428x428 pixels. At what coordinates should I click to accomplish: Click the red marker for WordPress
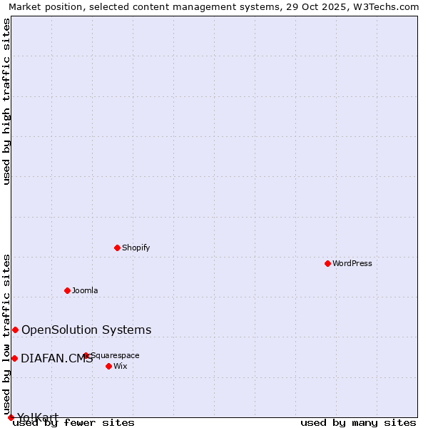[x=327, y=263]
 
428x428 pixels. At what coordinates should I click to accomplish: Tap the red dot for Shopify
[x=117, y=248]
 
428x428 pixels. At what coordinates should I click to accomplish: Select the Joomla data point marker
[x=67, y=290]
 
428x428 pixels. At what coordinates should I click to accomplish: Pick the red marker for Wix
[x=108, y=366]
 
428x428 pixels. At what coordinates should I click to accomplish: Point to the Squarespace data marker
[x=86, y=355]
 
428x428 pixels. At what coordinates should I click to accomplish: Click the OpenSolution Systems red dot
[x=15, y=330]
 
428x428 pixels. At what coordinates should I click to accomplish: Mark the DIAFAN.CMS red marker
[x=14, y=358]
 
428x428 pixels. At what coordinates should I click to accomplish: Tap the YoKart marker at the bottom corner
[x=11, y=417]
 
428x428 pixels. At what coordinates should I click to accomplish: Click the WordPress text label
[x=352, y=263]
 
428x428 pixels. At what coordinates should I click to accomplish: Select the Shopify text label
[x=136, y=248]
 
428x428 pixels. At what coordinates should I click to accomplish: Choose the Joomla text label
[x=85, y=290]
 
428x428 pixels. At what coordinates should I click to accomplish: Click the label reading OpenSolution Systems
[x=86, y=330]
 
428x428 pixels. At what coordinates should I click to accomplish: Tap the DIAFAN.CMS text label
[x=56, y=358]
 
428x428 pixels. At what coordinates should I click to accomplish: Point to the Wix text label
[x=121, y=366]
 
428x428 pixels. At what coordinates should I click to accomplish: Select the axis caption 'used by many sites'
[x=358, y=423]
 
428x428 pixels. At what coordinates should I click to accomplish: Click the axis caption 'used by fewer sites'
[x=74, y=423]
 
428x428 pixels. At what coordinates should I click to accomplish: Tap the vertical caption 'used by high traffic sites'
[x=7, y=101]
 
